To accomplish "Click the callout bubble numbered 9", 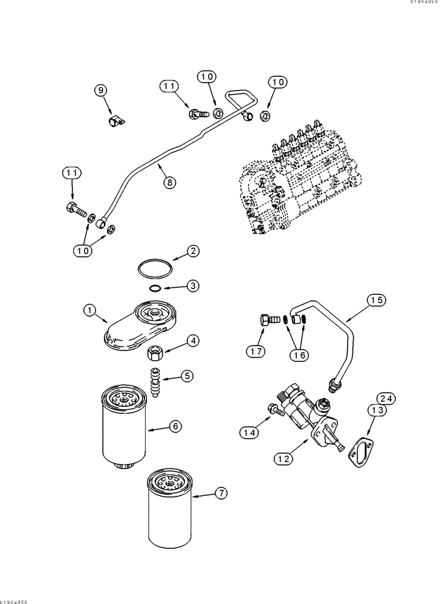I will pos(102,90).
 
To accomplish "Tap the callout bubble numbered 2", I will pos(192,251).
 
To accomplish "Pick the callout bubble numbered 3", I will pos(192,285).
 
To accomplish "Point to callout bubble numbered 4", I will pos(192,341).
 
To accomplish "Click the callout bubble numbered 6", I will pos(175,426).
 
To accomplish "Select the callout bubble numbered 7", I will pos(221,493).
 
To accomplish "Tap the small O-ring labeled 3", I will pos(155,288).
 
